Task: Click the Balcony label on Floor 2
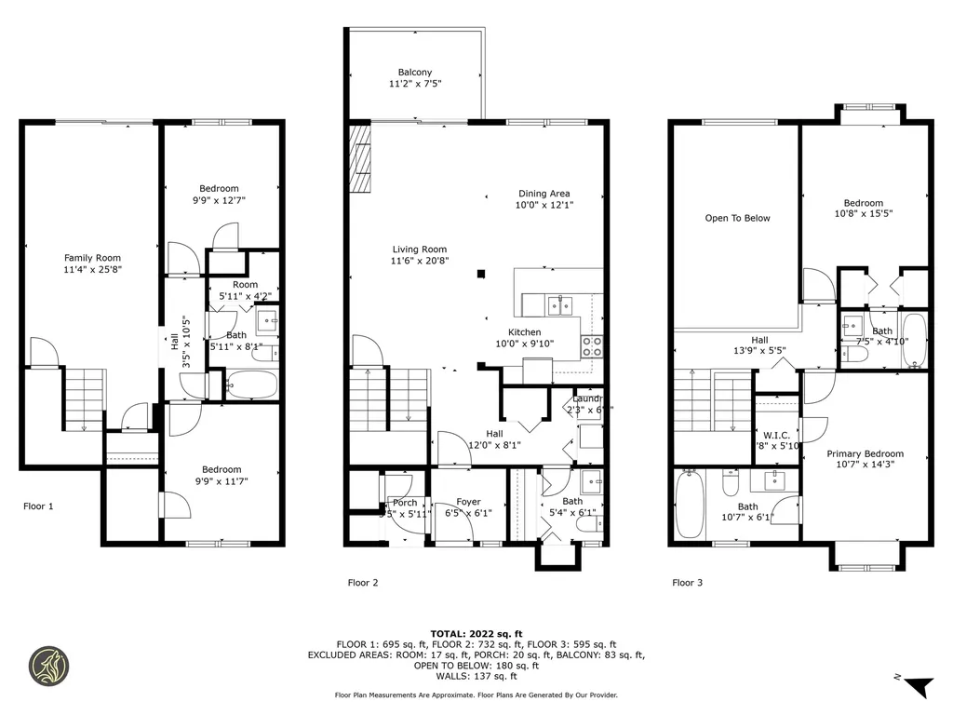pyautogui.click(x=414, y=73)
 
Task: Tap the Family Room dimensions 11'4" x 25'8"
pyautogui.click(x=92, y=270)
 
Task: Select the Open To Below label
pyautogui.click(x=737, y=218)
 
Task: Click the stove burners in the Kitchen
pyautogui.click(x=592, y=346)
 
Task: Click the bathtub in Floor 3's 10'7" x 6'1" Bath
pyautogui.click(x=691, y=505)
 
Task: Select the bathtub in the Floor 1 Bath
pyautogui.click(x=250, y=384)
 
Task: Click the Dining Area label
pyautogui.click(x=544, y=194)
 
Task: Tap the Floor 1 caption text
pyautogui.click(x=38, y=506)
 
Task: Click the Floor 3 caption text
pyautogui.click(x=688, y=583)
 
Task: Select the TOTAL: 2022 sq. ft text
pyautogui.click(x=476, y=633)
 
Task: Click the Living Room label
pyautogui.click(x=419, y=249)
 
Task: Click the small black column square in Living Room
pyautogui.click(x=480, y=274)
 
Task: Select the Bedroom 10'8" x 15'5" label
pyautogui.click(x=863, y=203)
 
